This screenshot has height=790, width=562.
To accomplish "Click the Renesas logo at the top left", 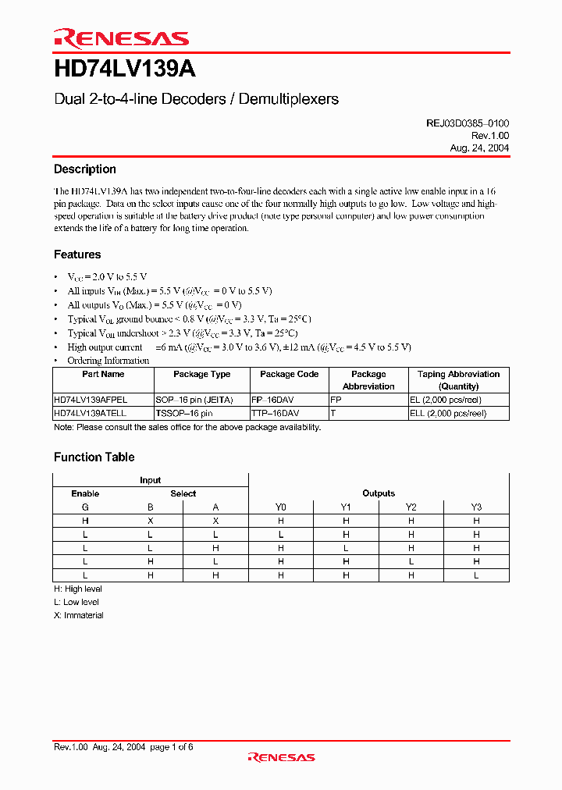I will pyautogui.click(x=121, y=38).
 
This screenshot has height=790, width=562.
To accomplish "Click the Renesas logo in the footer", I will pyautogui.click(x=281, y=757).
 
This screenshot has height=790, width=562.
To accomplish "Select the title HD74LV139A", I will pyautogui.click(x=125, y=69).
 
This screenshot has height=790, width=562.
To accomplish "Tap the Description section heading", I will pyautogui.click(x=85, y=169).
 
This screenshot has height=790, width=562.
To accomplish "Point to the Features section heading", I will pyautogui.click(x=77, y=254).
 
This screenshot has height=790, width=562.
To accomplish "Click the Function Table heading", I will pyautogui.click(x=94, y=457).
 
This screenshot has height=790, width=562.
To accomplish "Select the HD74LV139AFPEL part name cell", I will pyautogui.click(x=90, y=399).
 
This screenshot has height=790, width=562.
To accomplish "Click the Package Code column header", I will pyautogui.click(x=289, y=374).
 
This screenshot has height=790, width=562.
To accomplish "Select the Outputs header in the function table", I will pyautogui.click(x=379, y=493).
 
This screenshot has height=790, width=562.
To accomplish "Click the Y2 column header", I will pyautogui.click(x=411, y=507).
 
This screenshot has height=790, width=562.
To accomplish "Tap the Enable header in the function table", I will pyautogui.click(x=85, y=493).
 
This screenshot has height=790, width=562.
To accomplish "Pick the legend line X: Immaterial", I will pyautogui.click(x=78, y=615).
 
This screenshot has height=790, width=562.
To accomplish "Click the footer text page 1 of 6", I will pyautogui.click(x=171, y=747).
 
